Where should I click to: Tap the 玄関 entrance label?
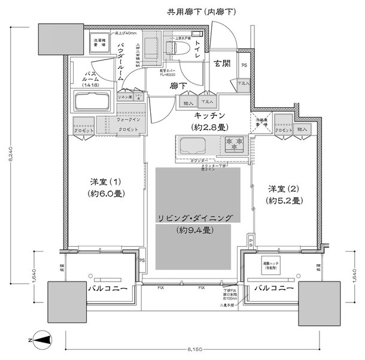[223, 64]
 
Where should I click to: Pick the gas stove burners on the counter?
[235, 144]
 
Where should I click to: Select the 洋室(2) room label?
[284, 193]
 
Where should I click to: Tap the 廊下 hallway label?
[177, 86]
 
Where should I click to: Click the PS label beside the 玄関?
[244, 66]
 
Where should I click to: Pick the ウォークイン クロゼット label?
[128, 124]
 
